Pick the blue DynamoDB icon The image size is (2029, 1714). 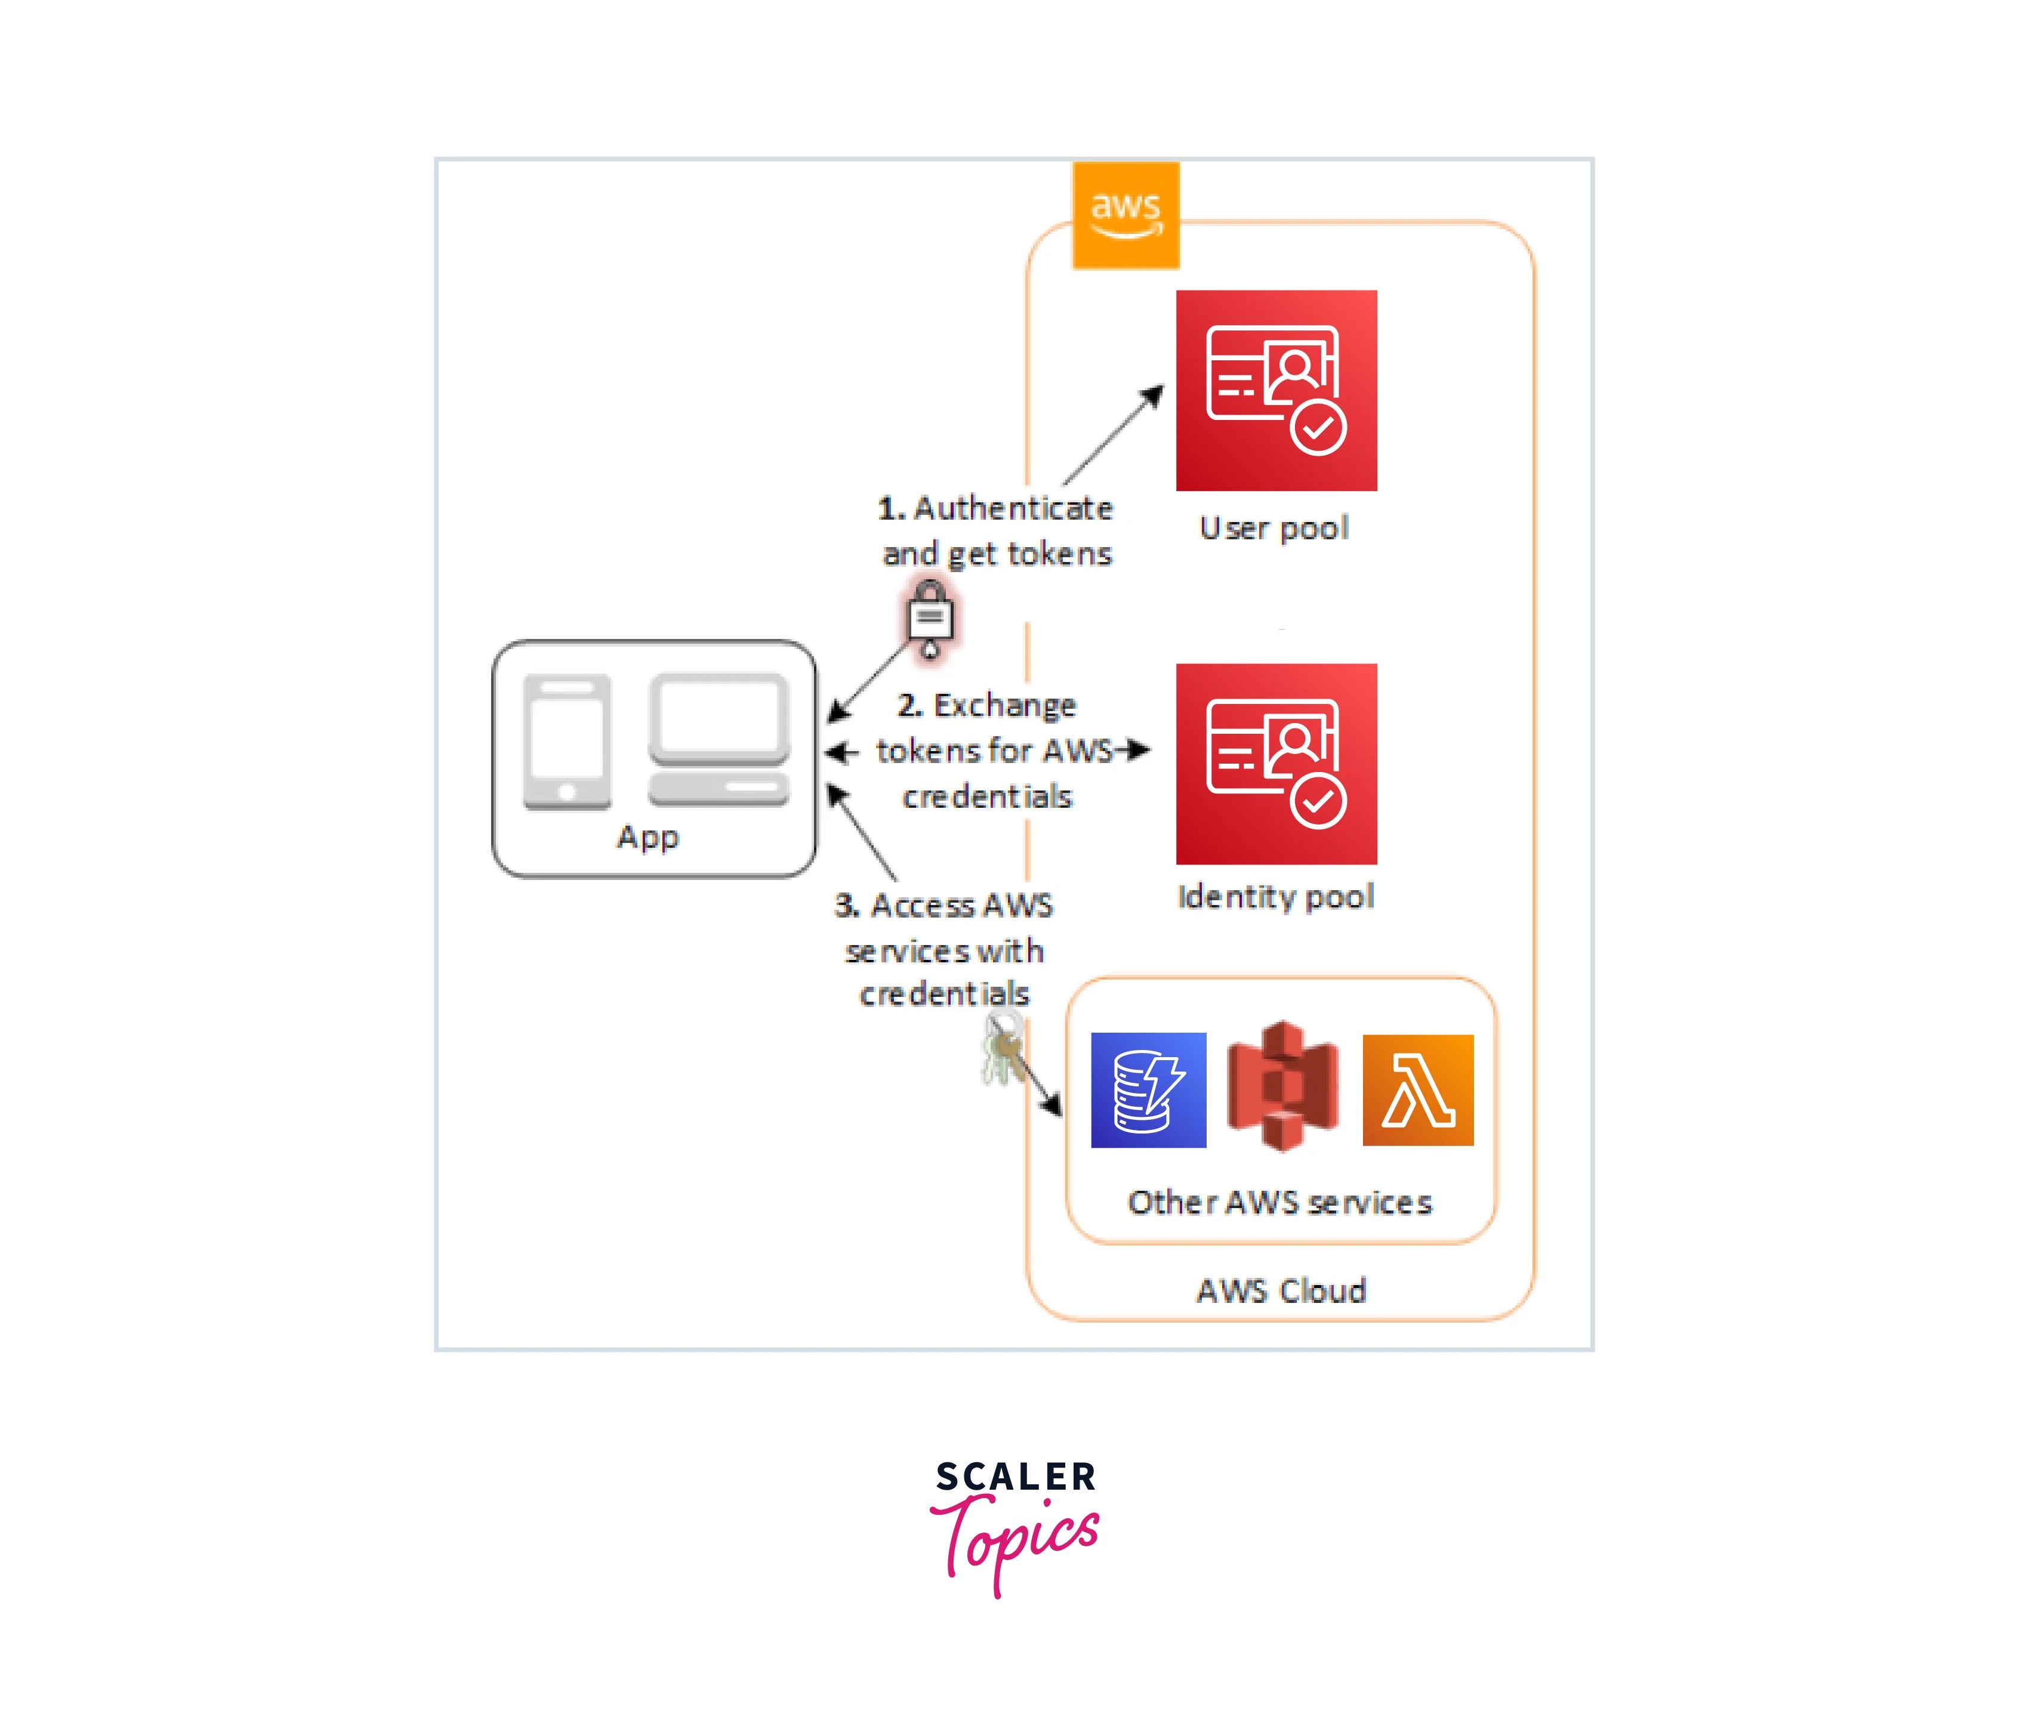(x=1148, y=1089)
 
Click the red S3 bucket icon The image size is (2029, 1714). (x=1282, y=1086)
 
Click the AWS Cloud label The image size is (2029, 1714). (x=1281, y=1290)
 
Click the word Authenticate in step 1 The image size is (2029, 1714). (x=1013, y=508)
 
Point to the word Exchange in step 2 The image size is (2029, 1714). (x=1005, y=705)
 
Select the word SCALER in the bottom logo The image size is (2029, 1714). (x=1016, y=1477)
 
